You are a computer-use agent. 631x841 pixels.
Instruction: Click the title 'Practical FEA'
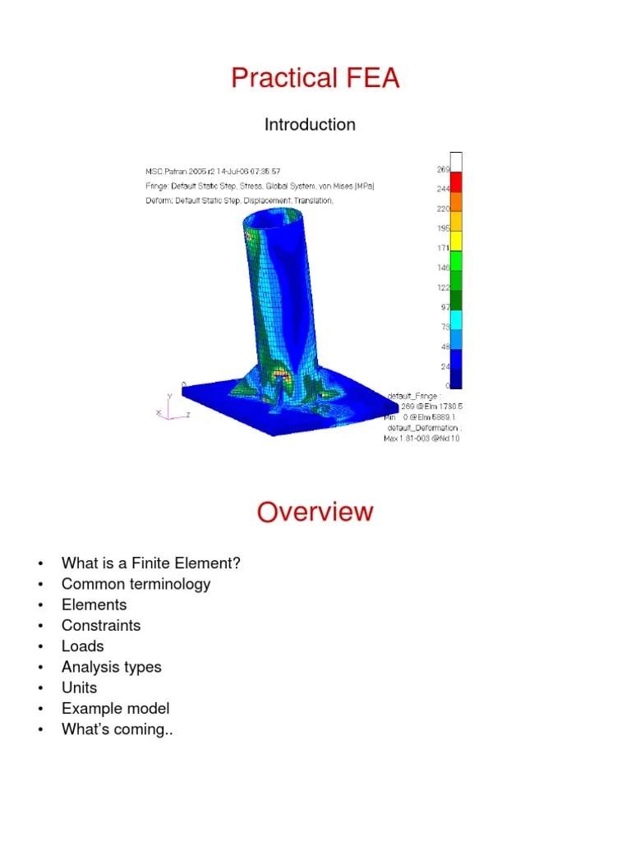(315, 78)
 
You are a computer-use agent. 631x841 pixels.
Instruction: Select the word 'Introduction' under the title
(310, 125)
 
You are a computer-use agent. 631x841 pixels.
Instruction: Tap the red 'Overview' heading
(315, 512)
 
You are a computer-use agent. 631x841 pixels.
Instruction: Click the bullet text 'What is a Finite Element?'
(151, 563)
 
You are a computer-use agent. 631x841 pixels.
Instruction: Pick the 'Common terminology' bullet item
(136, 584)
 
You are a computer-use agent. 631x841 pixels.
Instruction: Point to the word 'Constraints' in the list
(101, 625)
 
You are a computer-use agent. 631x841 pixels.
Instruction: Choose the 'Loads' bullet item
(82, 646)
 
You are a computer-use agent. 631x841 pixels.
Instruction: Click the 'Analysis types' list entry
(111, 667)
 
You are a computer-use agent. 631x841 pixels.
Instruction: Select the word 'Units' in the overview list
(79, 687)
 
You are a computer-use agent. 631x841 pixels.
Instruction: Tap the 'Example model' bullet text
(115, 708)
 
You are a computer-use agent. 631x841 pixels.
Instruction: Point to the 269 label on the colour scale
(443, 170)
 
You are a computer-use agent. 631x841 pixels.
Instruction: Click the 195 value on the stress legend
(443, 228)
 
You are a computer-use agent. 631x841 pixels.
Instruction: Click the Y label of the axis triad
(169, 396)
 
